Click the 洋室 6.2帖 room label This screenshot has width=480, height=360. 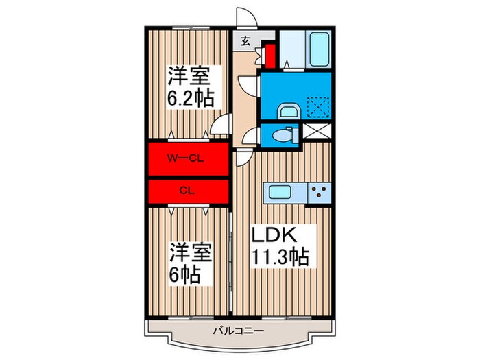[x=190, y=86]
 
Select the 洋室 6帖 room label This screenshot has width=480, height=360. [x=187, y=264]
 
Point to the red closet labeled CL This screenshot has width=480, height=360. [x=187, y=190]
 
